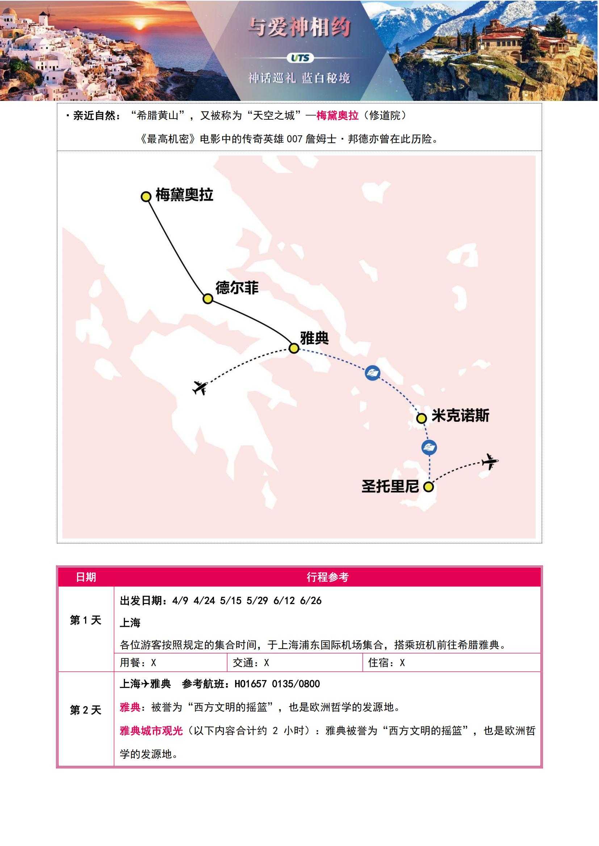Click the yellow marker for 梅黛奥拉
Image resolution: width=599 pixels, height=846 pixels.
point(146,196)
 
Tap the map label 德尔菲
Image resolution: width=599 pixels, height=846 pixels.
point(237,288)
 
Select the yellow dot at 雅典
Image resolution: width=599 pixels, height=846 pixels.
point(294,348)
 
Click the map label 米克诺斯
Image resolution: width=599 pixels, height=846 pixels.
point(460,416)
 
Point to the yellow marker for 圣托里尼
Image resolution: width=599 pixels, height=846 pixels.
point(428,487)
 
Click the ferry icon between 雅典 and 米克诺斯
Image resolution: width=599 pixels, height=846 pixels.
point(372,373)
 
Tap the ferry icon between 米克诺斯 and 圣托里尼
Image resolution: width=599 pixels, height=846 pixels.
point(429,447)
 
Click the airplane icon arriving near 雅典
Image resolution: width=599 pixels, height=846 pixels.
point(200,388)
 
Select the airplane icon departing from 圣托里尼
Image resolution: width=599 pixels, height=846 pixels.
point(490,461)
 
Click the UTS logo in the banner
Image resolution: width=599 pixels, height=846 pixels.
point(300,58)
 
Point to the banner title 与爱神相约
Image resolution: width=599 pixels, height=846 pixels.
point(299,27)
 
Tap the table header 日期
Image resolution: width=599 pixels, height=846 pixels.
point(86,577)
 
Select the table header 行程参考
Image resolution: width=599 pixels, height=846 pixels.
point(327,577)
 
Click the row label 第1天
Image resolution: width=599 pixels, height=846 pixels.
point(85,620)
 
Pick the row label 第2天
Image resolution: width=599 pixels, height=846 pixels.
point(85,710)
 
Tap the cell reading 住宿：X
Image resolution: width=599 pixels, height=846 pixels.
point(386,663)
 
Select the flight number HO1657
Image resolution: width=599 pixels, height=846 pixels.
point(251,684)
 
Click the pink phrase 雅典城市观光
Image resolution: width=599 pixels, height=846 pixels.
point(151,731)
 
